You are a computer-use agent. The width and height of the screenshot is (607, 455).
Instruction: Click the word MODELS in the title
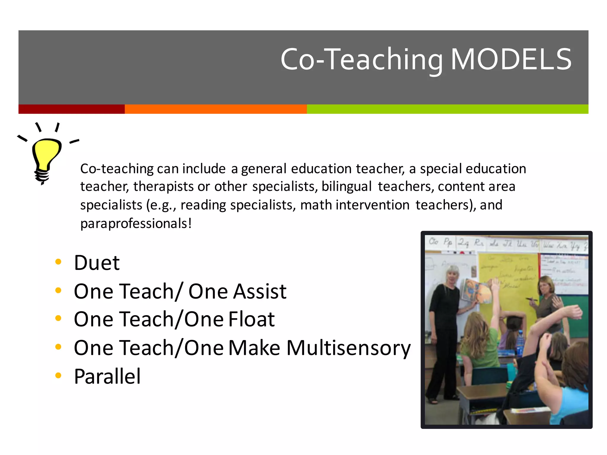pyautogui.click(x=511, y=59)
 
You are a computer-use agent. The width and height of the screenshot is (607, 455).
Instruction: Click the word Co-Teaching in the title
pyautogui.click(x=362, y=60)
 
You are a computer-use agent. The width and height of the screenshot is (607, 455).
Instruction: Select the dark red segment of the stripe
pyautogui.click(x=71, y=109)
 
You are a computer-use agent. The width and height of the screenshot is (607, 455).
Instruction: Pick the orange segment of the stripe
pyautogui.click(x=215, y=109)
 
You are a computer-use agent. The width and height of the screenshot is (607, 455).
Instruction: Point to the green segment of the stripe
pyautogui.click(x=447, y=109)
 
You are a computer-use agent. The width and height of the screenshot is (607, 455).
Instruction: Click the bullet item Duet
pyautogui.click(x=97, y=263)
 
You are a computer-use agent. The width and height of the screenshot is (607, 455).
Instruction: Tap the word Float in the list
pyautogui.click(x=251, y=319)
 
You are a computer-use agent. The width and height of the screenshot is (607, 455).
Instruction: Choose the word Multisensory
pyautogui.click(x=349, y=348)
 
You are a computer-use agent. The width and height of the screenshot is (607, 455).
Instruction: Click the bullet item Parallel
pyautogui.click(x=107, y=377)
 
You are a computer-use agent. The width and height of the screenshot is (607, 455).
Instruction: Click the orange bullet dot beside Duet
pyautogui.click(x=58, y=262)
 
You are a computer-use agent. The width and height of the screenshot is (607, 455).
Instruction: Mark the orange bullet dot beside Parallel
pyautogui.click(x=58, y=376)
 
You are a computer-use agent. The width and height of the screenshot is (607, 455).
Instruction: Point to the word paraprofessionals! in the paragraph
pyautogui.click(x=136, y=223)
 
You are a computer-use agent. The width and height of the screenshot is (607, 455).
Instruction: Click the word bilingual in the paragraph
pyautogui.click(x=346, y=187)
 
